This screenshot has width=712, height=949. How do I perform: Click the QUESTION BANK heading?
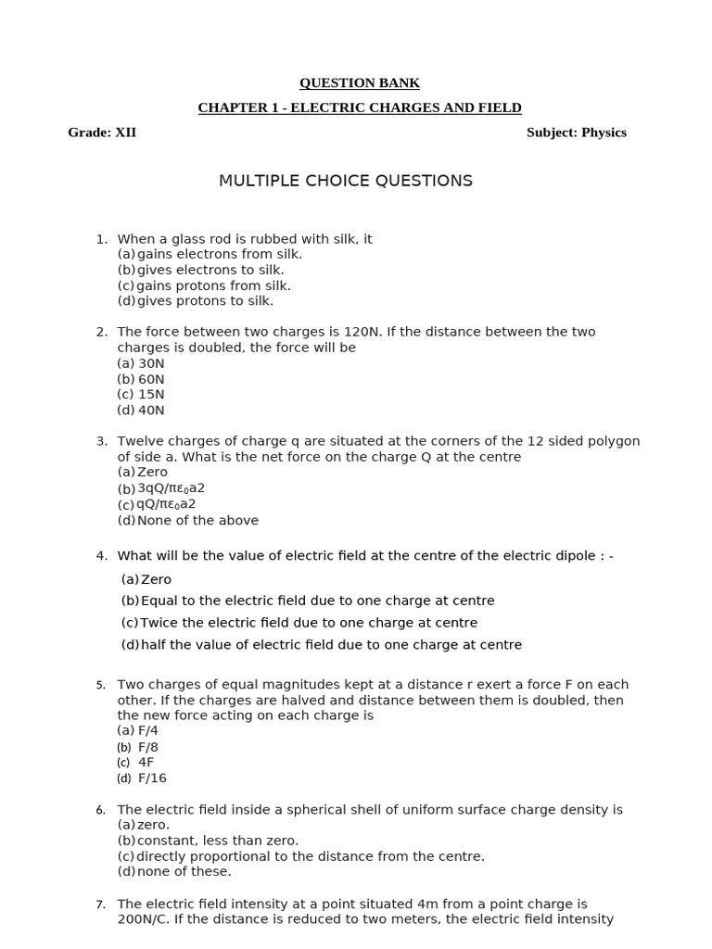[x=360, y=83]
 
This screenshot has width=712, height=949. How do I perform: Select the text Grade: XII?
[x=102, y=133]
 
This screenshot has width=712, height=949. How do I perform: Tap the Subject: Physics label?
[x=577, y=133]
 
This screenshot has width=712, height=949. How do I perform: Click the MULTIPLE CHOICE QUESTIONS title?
[x=346, y=181]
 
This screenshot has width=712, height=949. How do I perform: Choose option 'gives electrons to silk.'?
[x=210, y=270]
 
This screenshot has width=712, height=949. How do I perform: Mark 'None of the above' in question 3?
[x=197, y=521]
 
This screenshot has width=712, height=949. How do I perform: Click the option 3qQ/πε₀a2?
[x=172, y=488]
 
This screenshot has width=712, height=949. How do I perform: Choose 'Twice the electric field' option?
[x=309, y=623]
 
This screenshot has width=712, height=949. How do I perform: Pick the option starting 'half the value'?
[x=331, y=645]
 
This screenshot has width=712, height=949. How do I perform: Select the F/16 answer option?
[x=152, y=778]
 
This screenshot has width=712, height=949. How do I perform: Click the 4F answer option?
[x=146, y=763]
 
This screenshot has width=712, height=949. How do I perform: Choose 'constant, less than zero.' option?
[x=218, y=841]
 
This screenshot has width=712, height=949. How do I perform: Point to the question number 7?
[x=101, y=905]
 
